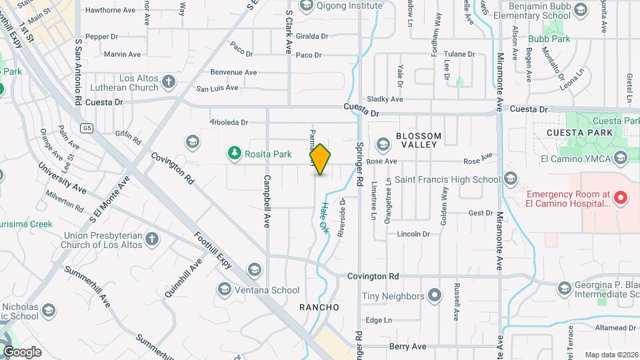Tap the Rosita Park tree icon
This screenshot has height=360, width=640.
(234, 154)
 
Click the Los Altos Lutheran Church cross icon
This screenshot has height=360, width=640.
(169, 82)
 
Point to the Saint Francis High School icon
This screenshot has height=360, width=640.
(511, 179)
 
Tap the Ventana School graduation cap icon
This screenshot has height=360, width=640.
(225, 289)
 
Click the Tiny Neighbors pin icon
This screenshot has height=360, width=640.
(435, 295)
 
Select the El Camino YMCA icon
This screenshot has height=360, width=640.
(621, 158)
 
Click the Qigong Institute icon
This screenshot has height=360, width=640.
(306, 6)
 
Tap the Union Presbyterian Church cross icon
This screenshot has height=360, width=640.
(153, 239)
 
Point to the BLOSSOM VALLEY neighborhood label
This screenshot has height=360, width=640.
(417, 140)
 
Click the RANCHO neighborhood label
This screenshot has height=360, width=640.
(319, 307)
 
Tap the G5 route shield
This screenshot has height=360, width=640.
(86, 127)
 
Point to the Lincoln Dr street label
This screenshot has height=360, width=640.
(413, 234)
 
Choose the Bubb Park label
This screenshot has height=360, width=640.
(549, 39)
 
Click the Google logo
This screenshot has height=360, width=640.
(22, 351)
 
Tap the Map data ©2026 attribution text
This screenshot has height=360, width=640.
(610, 355)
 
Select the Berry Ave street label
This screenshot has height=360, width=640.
(407, 347)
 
